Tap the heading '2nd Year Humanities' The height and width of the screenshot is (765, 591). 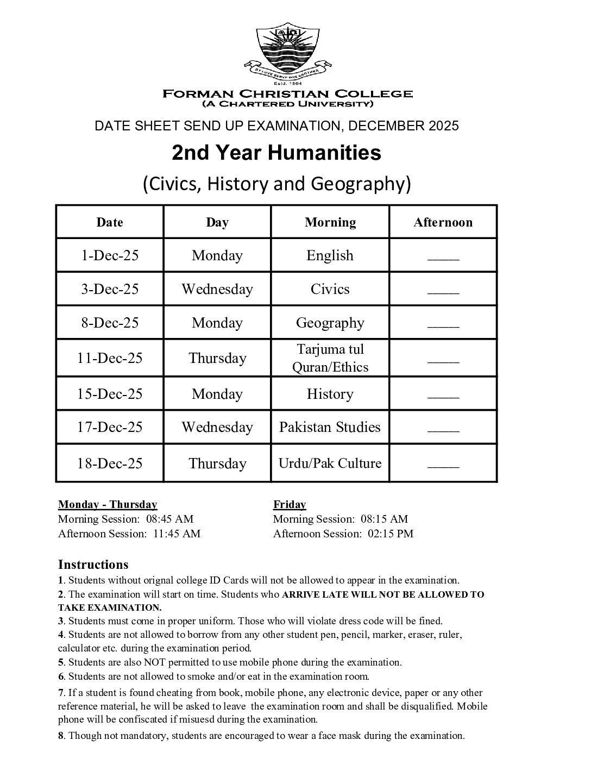[x=276, y=153]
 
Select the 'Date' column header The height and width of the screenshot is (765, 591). [x=110, y=222]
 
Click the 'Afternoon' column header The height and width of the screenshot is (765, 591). [x=443, y=222]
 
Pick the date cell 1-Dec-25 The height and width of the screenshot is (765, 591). [x=110, y=255]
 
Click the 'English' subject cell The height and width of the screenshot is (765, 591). [x=330, y=255]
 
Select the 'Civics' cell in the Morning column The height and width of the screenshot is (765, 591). [x=330, y=289]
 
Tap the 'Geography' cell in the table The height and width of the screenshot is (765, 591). [x=330, y=323]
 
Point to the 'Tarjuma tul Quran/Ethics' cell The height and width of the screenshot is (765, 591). [x=330, y=358]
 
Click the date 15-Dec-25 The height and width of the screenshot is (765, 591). [x=110, y=394]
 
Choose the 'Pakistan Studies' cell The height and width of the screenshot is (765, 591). [x=330, y=427]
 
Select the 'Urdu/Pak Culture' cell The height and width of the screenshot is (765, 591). [x=330, y=463]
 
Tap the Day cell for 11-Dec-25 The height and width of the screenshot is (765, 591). [x=217, y=358]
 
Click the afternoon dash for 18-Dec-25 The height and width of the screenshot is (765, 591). [x=443, y=465]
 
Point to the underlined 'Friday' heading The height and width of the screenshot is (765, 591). [x=290, y=505]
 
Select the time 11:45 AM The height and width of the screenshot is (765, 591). [x=177, y=534]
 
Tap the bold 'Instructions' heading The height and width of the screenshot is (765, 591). [x=93, y=565]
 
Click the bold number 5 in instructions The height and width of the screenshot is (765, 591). [x=61, y=662]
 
